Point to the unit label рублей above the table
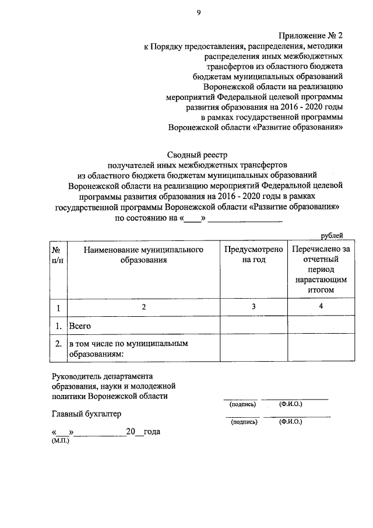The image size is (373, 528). (332, 235)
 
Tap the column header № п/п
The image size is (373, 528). (58, 255)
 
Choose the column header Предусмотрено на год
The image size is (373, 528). (254, 255)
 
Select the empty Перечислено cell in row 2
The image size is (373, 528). (321, 349)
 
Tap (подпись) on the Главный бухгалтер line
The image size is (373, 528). (244, 421)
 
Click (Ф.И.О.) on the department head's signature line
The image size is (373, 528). (291, 404)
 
